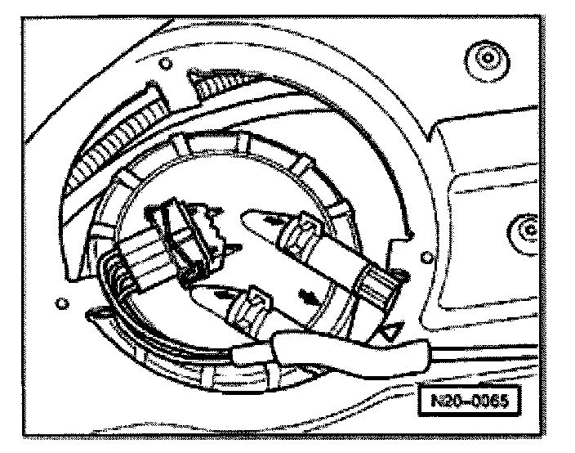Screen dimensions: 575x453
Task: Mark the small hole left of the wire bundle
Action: tap(61, 303)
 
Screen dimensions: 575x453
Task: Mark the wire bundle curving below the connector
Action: tap(139, 327)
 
